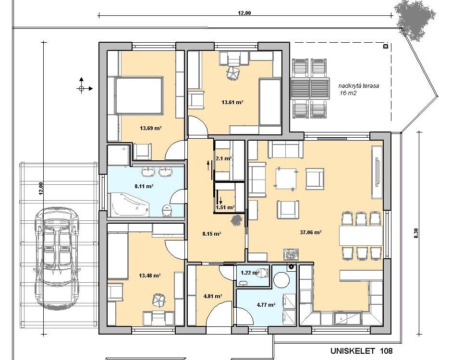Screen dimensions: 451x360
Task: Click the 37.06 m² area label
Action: (x=310, y=232)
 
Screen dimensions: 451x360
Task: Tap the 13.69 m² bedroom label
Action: (x=150, y=128)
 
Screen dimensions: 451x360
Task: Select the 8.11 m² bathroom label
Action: (x=144, y=186)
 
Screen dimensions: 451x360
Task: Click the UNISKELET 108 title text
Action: (x=361, y=351)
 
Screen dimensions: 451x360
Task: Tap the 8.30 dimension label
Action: (x=415, y=233)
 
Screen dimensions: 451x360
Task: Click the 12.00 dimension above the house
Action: (x=244, y=13)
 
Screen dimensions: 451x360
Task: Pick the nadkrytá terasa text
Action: (x=358, y=86)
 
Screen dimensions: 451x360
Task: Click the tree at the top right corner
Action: (x=415, y=20)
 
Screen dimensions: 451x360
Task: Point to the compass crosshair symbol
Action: (x=81, y=88)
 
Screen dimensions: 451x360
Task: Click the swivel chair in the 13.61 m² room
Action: (x=233, y=73)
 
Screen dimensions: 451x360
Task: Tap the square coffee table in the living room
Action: (x=286, y=179)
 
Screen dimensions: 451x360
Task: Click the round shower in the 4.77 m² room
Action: (x=281, y=280)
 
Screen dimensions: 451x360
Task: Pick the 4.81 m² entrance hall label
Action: (x=213, y=296)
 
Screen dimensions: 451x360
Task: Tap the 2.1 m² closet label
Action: (x=223, y=158)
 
